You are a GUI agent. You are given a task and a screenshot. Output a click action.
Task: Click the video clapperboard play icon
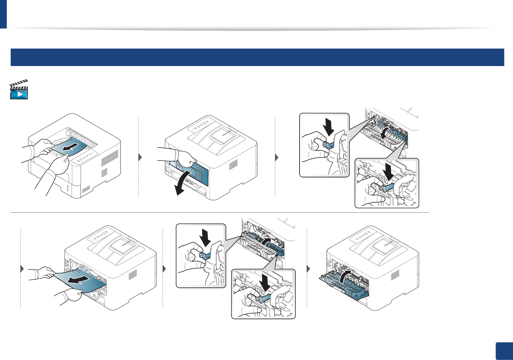tap(19, 90)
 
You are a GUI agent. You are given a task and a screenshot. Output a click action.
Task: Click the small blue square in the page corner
tap(504, 351)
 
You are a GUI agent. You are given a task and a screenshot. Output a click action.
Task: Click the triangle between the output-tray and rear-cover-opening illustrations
tap(140, 158)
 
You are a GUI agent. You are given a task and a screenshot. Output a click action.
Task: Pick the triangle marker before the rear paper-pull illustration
tap(22, 269)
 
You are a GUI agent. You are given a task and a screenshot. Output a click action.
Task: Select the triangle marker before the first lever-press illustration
tap(277, 158)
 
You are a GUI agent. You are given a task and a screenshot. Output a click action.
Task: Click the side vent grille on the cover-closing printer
tap(395, 276)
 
